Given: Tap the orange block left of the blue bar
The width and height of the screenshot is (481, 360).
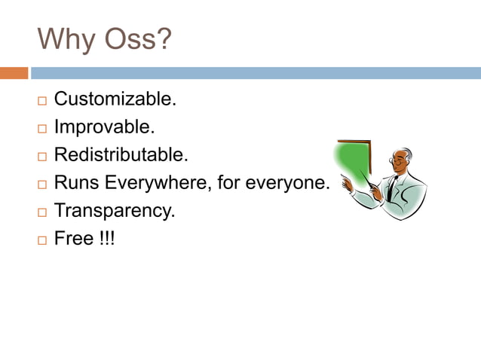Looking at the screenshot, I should point(14,73).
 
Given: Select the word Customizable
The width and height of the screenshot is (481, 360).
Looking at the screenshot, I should point(115,99).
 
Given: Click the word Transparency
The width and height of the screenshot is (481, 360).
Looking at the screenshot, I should point(115,211).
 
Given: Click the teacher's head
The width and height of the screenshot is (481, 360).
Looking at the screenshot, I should point(399,160).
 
